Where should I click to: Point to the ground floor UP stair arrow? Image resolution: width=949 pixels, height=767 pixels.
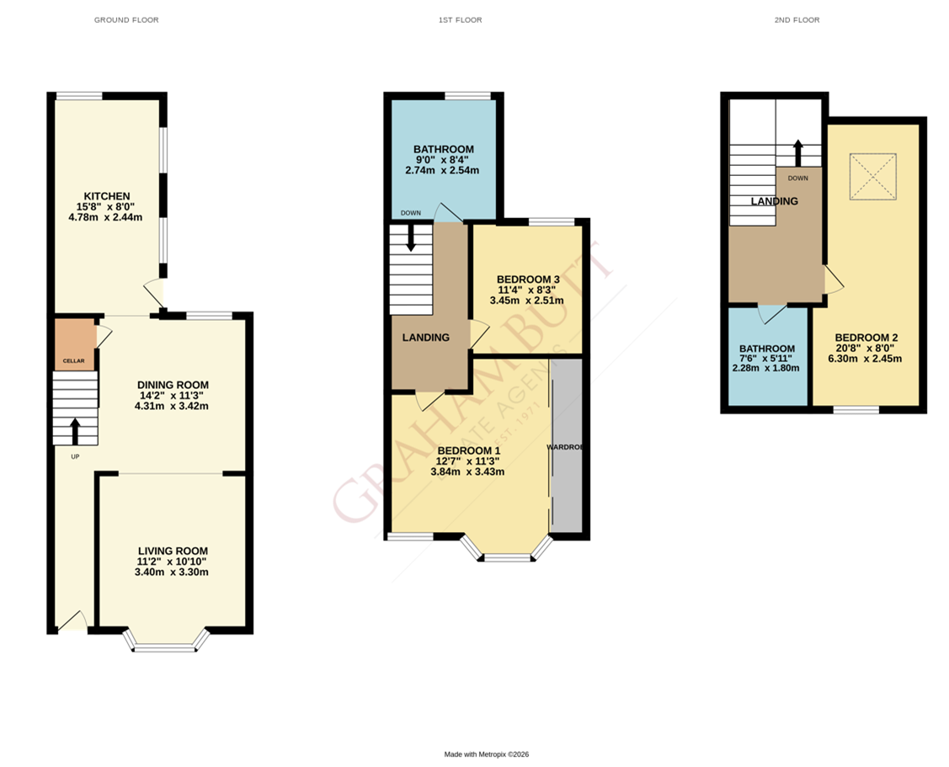tap(74, 431)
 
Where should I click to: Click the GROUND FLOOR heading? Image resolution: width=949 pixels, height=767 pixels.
tap(125, 19)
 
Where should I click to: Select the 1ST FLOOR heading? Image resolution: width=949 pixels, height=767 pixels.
tap(461, 19)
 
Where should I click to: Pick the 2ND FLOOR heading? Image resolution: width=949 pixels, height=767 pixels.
tap(797, 19)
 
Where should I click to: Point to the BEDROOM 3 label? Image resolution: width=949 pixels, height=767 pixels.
tap(528, 280)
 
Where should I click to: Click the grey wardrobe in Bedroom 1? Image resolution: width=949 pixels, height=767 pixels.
tap(566, 446)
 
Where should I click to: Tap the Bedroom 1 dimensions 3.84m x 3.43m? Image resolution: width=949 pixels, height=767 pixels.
tap(467, 471)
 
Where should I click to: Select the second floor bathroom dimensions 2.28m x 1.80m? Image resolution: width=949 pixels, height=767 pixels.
tap(766, 368)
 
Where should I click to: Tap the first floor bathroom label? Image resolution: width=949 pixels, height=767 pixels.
tap(443, 149)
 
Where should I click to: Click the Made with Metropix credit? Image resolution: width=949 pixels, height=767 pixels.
tap(486, 754)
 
